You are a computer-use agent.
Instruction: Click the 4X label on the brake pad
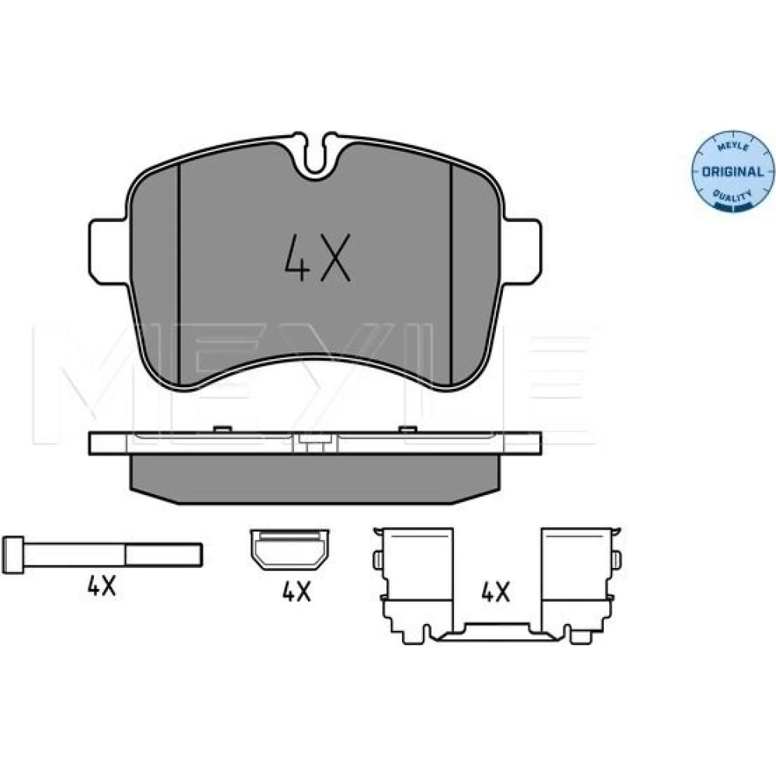(317, 258)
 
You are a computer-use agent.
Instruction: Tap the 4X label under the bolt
(102, 587)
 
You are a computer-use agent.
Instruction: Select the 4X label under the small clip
(296, 591)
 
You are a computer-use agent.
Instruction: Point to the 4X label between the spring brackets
(495, 591)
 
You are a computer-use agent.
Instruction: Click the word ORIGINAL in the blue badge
(733, 171)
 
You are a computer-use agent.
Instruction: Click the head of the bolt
(13, 555)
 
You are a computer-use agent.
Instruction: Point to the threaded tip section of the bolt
(164, 555)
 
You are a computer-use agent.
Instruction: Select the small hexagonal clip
(289, 549)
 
